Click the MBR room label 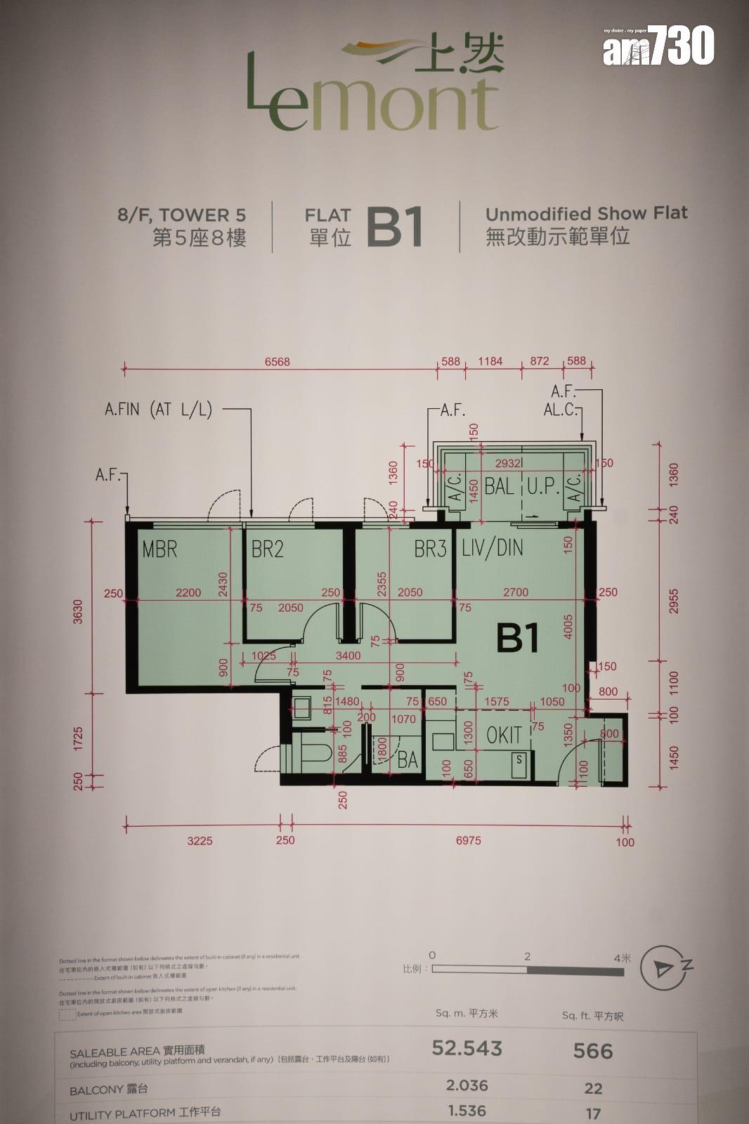[159, 549]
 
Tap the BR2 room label [268, 549]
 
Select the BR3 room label [430, 549]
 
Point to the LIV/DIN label [493, 548]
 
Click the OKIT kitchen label [504, 736]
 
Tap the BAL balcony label [499, 486]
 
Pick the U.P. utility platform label [542, 486]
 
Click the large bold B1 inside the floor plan [518, 638]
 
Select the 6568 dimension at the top [277, 362]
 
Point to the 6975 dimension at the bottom [469, 840]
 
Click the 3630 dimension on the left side [78, 611]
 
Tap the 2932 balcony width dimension [508, 464]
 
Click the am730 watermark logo [658, 46]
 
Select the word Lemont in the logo [372, 104]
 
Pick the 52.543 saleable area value [467, 1048]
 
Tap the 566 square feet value [593, 1051]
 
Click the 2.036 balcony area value [467, 1086]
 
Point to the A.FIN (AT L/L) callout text [158, 410]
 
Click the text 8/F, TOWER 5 [182, 215]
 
